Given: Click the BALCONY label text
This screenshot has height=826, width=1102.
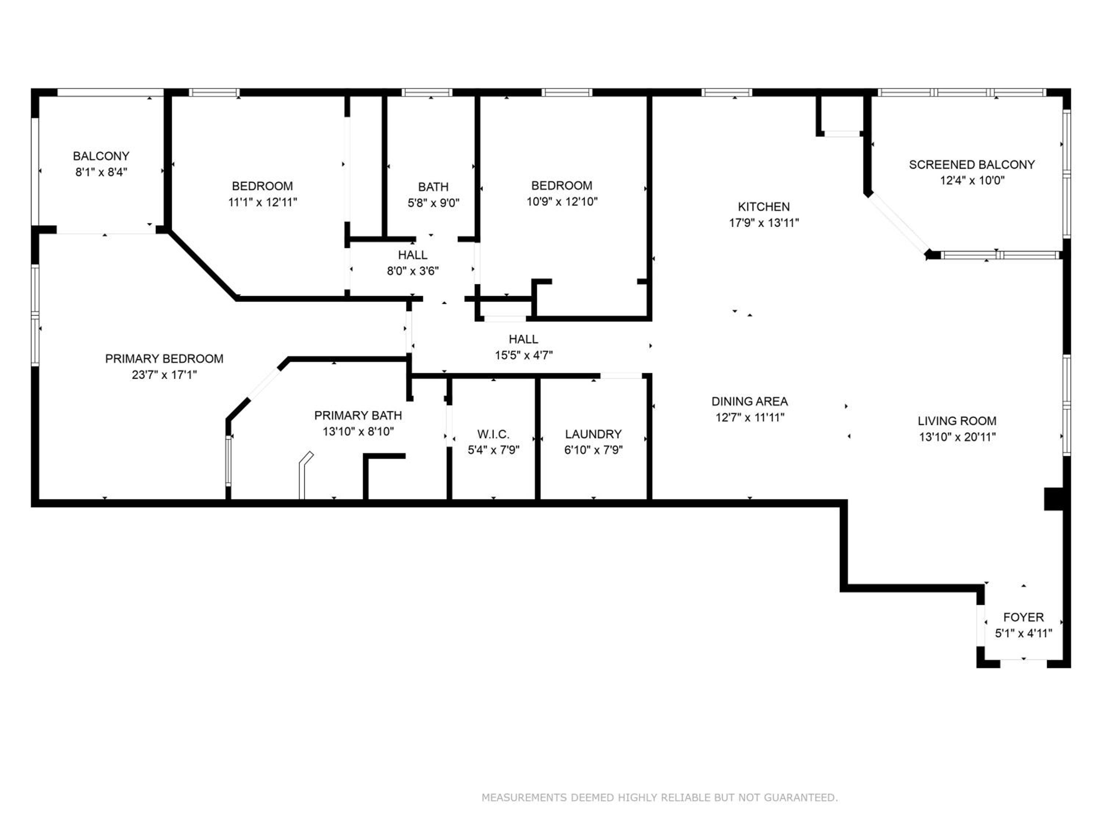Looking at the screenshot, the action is coord(101,156).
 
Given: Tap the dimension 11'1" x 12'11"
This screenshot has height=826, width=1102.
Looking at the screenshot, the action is coord(263,202).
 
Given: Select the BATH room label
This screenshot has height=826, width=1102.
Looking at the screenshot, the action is coord(433,187).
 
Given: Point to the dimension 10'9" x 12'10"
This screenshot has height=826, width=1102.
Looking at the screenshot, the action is coord(562,202).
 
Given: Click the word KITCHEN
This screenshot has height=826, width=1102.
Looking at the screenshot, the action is coord(764,207).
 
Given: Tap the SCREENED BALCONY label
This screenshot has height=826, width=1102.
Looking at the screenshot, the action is coord(972,165).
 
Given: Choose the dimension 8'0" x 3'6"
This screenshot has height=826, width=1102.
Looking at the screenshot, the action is coord(413,271).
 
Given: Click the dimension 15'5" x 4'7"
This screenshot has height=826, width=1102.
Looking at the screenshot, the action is coord(523,355).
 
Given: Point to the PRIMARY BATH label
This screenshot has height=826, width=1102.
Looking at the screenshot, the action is coord(358,415).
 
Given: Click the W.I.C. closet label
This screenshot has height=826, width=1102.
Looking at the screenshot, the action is coord(493,434).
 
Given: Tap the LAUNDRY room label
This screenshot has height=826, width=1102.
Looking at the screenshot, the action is coord(593,434).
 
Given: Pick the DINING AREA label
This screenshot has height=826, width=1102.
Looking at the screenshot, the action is coord(750,401).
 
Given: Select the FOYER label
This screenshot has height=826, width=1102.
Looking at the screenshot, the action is coord(1023,617).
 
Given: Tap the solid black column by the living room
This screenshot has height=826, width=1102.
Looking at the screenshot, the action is coord(1054,499).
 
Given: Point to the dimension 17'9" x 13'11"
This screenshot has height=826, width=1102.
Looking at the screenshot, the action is coord(764,222).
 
